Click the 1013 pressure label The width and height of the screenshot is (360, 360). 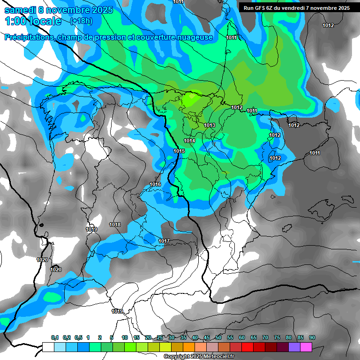coord(210,125)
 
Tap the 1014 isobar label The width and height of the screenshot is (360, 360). coord(189,141)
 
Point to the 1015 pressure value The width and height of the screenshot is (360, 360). coord(179,151)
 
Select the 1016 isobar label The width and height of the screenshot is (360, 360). coord(155,184)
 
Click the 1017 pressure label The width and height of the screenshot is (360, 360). coord(164,241)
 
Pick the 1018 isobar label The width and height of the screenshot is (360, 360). coord(115,225)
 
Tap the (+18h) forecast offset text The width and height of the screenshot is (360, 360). coord(81,21)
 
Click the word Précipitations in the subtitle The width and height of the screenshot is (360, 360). coord(28,37)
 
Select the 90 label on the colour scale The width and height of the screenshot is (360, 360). coord(312,338)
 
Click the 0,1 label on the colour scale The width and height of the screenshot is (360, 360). coord(55,338)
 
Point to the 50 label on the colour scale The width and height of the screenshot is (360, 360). coord(218,338)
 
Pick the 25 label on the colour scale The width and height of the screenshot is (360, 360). coord(160,338)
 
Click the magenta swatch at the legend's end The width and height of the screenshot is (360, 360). coord(306,347)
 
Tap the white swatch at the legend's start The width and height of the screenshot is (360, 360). coord(48,347)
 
